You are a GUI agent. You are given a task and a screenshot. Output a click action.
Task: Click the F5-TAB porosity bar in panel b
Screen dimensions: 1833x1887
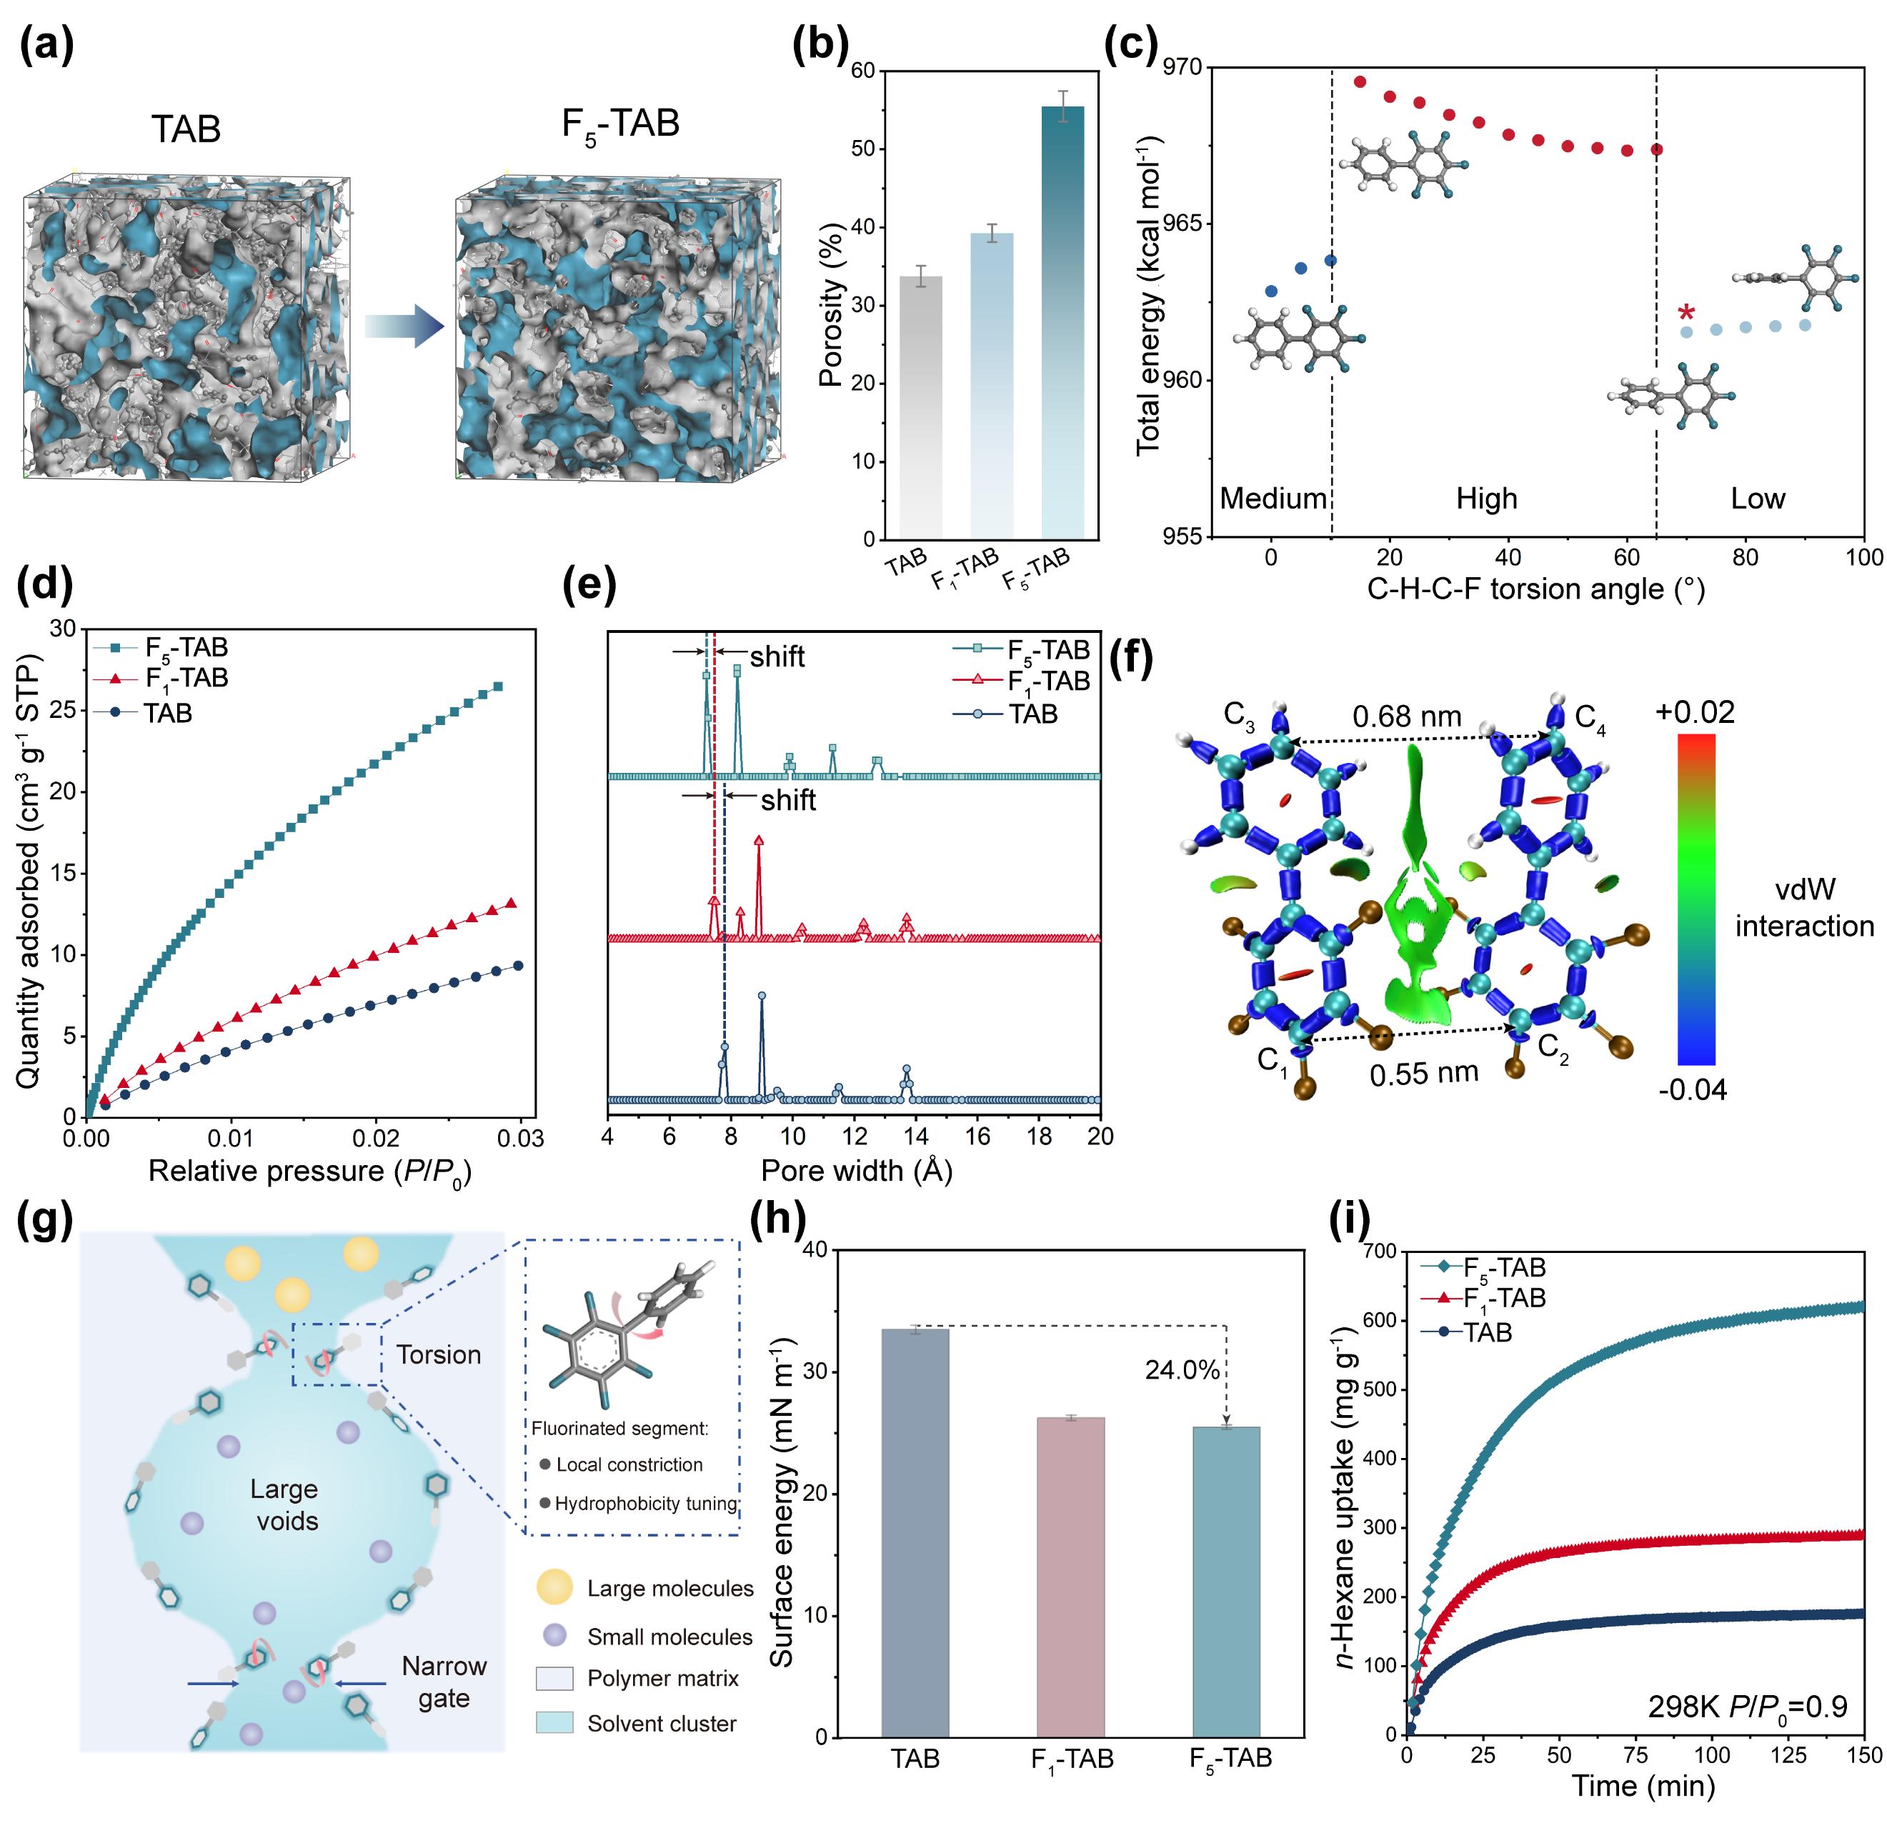click(1063, 322)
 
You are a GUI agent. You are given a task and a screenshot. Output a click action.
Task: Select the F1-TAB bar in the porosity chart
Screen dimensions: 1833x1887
click(992, 385)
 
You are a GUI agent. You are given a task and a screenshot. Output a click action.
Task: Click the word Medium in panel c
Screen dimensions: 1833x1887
click(1273, 499)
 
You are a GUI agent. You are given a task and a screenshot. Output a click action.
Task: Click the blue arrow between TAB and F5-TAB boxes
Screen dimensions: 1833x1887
click(404, 326)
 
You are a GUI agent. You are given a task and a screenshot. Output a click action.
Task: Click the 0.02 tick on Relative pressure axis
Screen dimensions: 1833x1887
click(377, 1139)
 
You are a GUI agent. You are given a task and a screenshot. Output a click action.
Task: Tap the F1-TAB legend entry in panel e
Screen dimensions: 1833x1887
click(1048, 681)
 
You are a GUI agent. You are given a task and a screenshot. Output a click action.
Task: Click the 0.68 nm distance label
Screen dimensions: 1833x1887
click(1407, 716)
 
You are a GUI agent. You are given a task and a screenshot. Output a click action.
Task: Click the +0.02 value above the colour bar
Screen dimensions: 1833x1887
click(1695, 712)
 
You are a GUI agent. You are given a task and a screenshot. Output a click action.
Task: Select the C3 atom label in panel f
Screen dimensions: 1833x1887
click(1239, 716)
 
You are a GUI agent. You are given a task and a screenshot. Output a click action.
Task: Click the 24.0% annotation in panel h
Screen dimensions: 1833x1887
click(1183, 1370)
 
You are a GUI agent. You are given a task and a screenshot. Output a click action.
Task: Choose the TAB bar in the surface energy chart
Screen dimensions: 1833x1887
click(915, 1533)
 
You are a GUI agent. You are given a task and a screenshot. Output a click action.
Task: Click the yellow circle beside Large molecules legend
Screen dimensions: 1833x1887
click(554, 1587)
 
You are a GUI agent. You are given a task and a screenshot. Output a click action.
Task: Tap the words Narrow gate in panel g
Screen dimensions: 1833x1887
click(444, 1682)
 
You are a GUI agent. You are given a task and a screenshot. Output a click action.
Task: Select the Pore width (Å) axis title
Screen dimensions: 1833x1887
click(856, 1171)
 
